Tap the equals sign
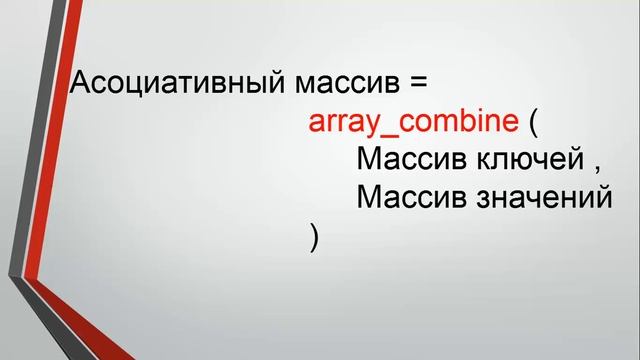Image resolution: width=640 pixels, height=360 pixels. pyautogui.click(x=418, y=85)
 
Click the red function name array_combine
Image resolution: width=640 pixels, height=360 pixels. pyautogui.click(x=414, y=125)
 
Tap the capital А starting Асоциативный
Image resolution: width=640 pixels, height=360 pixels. pyautogui.click(x=81, y=84)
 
